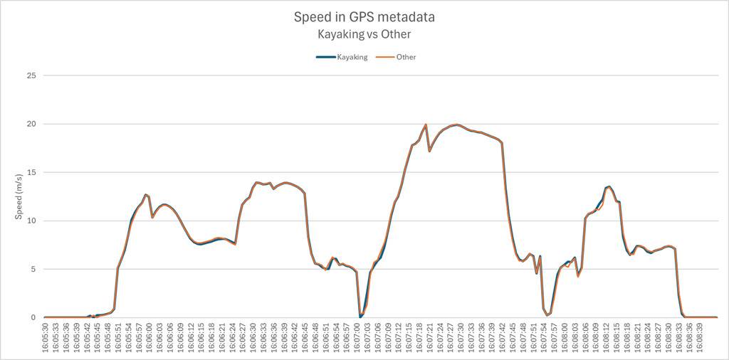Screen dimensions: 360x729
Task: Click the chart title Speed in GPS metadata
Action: click(x=364, y=17)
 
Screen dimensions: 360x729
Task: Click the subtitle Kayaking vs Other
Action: click(x=364, y=33)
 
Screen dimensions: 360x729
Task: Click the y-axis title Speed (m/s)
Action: click(x=19, y=196)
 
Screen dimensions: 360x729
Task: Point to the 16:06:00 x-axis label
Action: click(x=150, y=337)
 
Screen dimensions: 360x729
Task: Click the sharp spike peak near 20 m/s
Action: click(x=426, y=125)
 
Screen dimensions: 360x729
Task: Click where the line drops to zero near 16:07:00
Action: click(x=360, y=317)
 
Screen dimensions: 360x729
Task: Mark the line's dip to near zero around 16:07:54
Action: click(x=547, y=314)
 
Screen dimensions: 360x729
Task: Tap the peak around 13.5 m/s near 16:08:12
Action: click(x=609, y=186)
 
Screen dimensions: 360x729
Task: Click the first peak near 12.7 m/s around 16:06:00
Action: click(x=145, y=194)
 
